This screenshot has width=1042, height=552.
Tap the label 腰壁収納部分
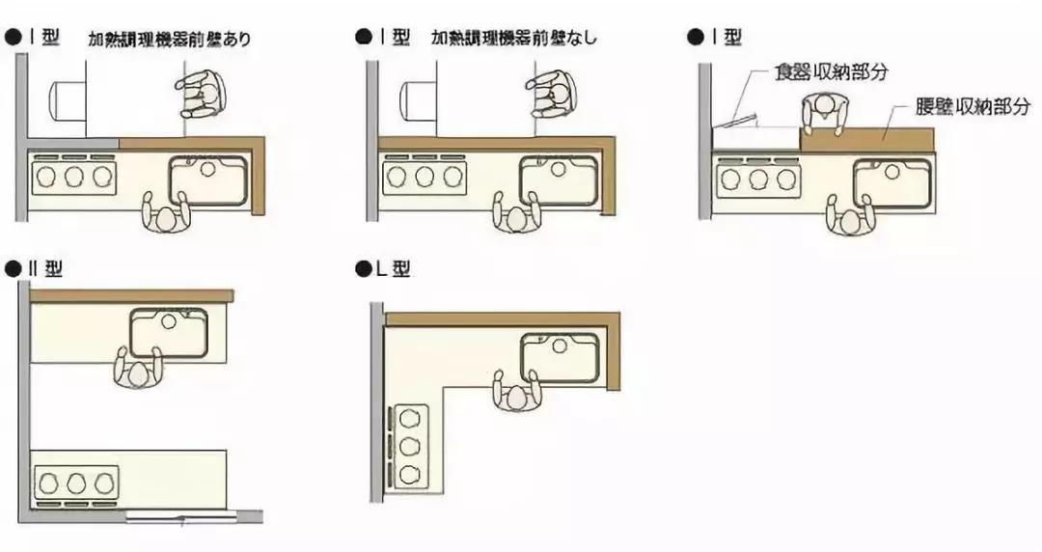coord(973,107)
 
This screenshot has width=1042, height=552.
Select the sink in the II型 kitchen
coord(169,332)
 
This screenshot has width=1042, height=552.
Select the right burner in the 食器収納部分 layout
coord(786,179)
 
